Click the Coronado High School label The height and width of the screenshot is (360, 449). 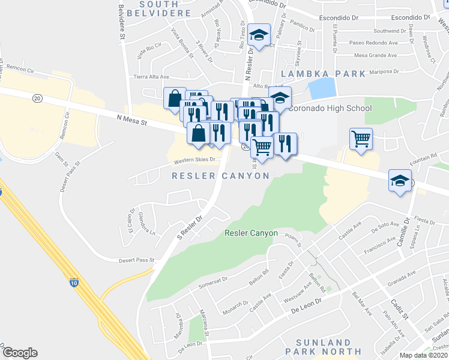pos(330,109)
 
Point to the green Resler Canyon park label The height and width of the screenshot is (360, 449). pos(252,233)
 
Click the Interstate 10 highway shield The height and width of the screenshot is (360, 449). pos(73,283)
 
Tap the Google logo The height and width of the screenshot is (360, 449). pos(20,352)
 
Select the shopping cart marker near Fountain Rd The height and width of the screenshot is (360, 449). pos(361,140)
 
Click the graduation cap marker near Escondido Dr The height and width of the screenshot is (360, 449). pos(259,37)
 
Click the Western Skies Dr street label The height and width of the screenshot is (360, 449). pos(194,160)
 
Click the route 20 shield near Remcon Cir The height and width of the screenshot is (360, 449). pos(37,98)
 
